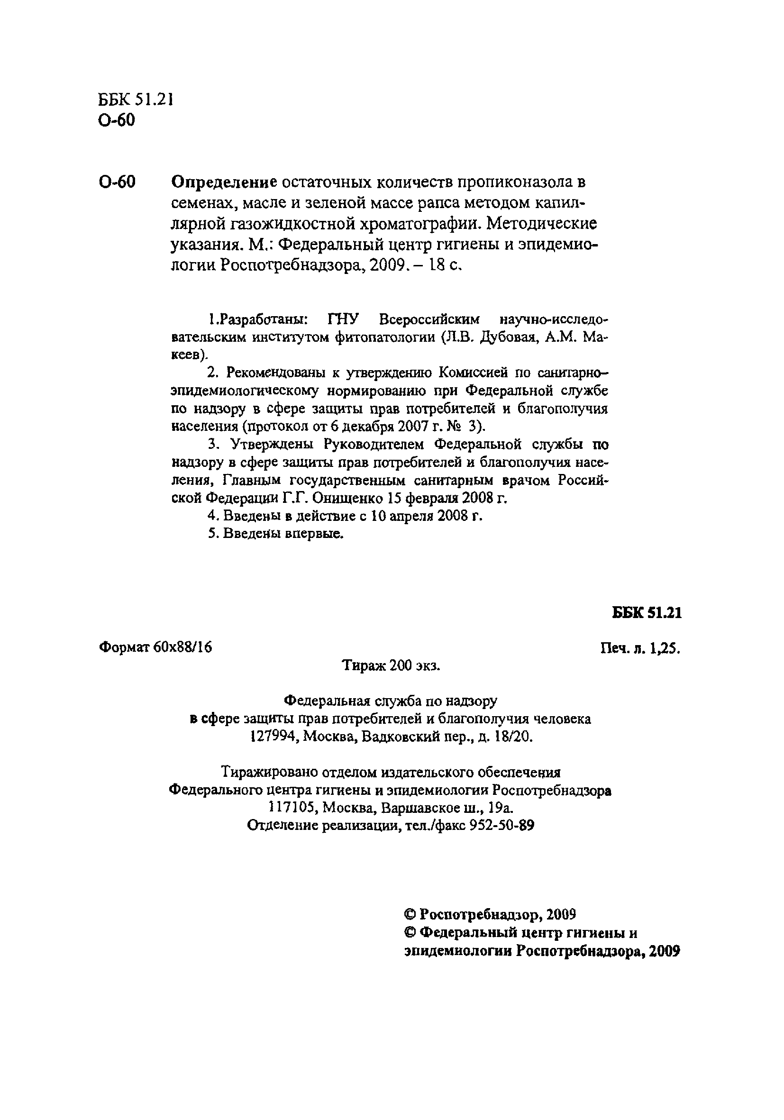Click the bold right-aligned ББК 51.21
click(x=647, y=613)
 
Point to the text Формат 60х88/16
click(x=155, y=647)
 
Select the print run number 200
click(x=399, y=665)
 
